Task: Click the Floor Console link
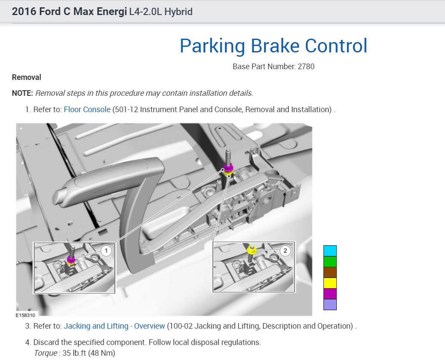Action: pyautogui.click(x=87, y=110)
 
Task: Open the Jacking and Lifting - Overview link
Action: pyautogui.click(x=114, y=326)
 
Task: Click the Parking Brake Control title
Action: pyautogui.click(x=273, y=46)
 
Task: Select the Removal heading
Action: pyautogui.click(x=27, y=77)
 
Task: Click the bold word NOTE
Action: pyautogui.click(x=22, y=93)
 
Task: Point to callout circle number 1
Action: pyautogui.click(x=106, y=250)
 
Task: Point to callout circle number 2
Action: pyautogui.click(x=284, y=250)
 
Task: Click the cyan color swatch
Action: pyautogui.click(x=330, y=251)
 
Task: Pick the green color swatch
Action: pyautogui.click(x=330, y=262)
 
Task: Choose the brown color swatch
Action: pyautogui.click(x=330, y=272)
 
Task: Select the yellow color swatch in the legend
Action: pyautogui.click(x=330, y=283)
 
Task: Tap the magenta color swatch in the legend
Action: pyautogui.click(x=330, y=294)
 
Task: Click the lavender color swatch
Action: pyautogui.click(x=330, y=305)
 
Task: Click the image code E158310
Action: pyautogui.click(x=27, y=314)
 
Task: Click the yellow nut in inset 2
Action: pyautogui.click(x=252, y=250)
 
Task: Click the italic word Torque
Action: pyautogui.click(x=45, y=353)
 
